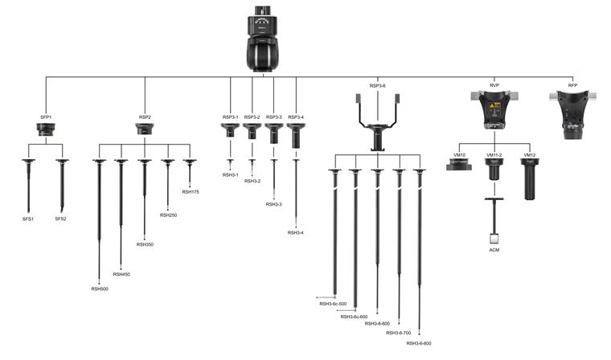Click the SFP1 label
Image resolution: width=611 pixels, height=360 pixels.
point(46,117)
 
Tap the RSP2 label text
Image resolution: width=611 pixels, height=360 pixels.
point(145,117)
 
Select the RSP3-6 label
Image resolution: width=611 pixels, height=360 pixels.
point(378,85)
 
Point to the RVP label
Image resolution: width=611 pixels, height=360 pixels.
point(494,85)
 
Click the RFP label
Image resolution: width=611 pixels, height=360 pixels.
point(572,85)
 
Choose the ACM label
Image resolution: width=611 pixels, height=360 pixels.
point(494,252)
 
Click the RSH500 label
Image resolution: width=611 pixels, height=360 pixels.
point(100,288)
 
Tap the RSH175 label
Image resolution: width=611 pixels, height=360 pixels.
point(191,192)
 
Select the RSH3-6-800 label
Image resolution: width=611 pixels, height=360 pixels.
point(419,343)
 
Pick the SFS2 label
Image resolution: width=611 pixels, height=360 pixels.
point(61,219)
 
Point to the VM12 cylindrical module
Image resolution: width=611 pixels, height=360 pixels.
point(529,178)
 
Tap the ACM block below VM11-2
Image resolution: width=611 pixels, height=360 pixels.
point(494,238)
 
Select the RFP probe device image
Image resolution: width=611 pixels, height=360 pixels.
point(572,113)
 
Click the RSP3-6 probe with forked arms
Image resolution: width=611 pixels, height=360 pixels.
point(377,121)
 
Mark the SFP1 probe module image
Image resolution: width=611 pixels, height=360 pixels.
point(46,129)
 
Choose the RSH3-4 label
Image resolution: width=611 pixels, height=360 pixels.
point(296,232)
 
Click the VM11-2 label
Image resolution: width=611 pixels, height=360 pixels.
point(494,154)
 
